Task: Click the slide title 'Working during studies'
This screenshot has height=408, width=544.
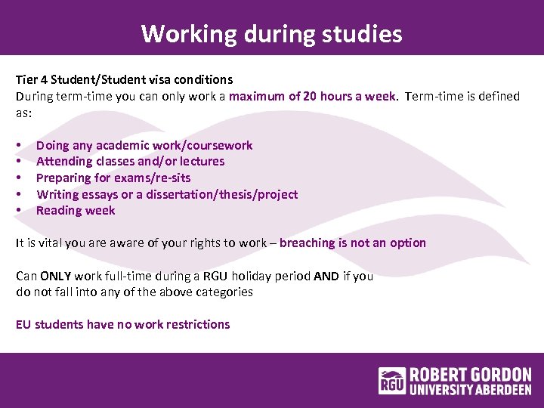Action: coord(271,34)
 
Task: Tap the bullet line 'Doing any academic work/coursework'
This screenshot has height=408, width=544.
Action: coord(144,145)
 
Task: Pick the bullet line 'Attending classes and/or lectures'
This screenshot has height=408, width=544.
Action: coord(130,161)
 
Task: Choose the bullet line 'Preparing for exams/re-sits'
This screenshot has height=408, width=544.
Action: coord(113,178)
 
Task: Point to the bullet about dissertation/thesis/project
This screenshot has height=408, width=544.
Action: coord(167,194)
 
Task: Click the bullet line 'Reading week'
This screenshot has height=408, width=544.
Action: coord(76,210)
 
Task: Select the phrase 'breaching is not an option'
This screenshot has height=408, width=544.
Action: coord(352,243)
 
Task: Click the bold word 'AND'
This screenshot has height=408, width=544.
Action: coord(326,276)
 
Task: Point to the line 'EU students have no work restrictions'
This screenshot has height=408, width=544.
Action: coord(123,324)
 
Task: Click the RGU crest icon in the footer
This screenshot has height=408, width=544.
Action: coord(392,380)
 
